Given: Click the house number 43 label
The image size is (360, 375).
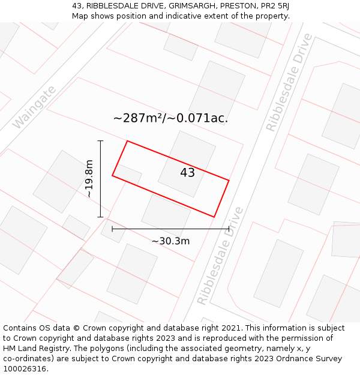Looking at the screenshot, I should pos(188,173).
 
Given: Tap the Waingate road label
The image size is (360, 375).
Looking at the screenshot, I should pos(34,107).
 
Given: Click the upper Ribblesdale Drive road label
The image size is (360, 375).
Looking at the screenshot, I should pos(290,82).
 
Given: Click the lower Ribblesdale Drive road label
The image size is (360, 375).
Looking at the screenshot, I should pos(221,256).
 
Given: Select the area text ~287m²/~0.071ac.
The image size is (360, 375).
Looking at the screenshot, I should pos(170,118).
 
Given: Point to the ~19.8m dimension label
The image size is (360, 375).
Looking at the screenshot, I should pos(89,179).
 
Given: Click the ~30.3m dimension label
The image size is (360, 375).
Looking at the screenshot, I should pos(170,241).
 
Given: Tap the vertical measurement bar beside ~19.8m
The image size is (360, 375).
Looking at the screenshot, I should pos(101,179).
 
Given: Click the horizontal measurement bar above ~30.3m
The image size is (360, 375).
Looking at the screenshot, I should pos(170,229).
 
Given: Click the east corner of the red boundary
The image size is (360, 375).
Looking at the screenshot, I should pos(229,179).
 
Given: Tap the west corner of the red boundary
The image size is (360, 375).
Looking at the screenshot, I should pos(112,175).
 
